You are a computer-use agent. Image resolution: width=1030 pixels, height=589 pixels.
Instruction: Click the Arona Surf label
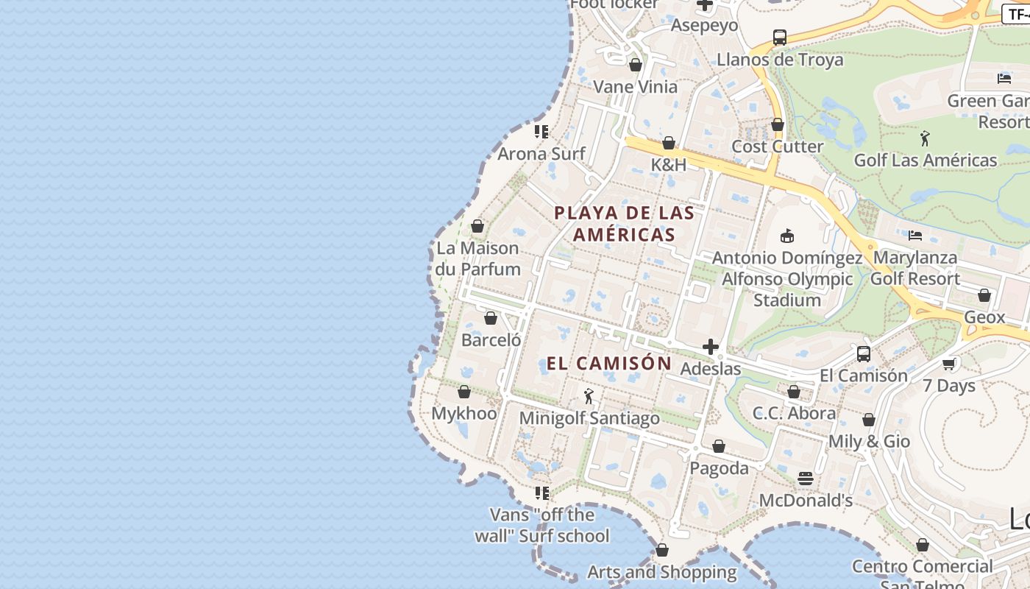pos(541,154)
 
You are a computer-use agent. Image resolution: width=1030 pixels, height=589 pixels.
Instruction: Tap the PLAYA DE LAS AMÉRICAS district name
pos(624,224)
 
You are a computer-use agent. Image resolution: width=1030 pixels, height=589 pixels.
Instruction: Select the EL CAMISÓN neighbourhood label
pos(609,363)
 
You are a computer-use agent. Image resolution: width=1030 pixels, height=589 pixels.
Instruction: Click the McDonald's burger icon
pos(806,479)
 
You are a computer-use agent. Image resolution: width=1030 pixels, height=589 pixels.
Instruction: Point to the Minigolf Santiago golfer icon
pos(589,397)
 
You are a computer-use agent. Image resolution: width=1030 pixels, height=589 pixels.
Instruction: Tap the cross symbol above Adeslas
pos(711,347)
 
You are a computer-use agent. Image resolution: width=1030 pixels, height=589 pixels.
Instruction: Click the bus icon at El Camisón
pos(864,354)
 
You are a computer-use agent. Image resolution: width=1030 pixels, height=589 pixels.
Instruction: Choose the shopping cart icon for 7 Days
pos(949,364)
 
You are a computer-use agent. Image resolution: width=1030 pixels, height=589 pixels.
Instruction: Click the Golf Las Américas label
pos(925,160)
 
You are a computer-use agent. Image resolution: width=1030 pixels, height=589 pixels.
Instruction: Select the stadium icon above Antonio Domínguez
pos(786,236)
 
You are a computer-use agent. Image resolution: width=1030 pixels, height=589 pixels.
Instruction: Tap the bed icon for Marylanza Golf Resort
pos(915,236)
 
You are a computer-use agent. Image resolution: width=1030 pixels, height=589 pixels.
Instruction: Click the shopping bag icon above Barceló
pos(491,319)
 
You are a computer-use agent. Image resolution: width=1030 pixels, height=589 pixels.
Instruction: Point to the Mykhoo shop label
pos(464,413)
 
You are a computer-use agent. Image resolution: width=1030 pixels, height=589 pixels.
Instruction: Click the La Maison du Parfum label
pos(477,258)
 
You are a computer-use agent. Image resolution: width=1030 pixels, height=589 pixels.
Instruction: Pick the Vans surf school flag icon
pos(542,493)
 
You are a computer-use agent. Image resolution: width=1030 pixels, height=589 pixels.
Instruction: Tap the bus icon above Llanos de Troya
pos(780,38)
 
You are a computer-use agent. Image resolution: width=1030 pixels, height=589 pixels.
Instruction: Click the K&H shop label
pos(668,164)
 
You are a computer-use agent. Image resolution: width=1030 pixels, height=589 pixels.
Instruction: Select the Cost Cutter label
pos(777,147)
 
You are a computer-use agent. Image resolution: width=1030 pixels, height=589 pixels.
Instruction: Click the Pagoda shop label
pos(719,468)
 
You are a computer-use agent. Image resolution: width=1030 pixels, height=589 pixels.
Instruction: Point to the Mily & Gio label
pos(869,441)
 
